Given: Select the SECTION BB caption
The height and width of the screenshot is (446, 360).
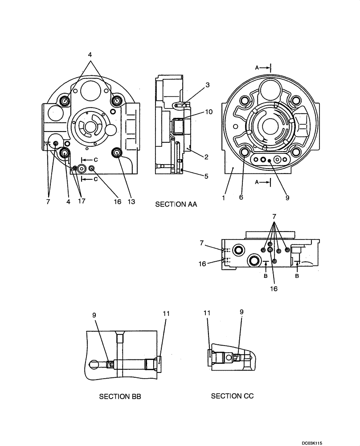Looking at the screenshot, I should point(120,396).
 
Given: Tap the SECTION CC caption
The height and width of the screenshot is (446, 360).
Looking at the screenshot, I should point(232,396).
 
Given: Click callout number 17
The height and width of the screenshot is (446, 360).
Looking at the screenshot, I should point(81,202).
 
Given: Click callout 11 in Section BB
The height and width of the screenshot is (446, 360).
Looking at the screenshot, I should point(166,314).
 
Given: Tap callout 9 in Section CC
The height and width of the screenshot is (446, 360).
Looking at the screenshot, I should point(241,312).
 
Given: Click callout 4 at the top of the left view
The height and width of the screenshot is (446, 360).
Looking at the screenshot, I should point(90,54).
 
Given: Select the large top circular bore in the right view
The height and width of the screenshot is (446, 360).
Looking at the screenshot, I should point(270,89).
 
